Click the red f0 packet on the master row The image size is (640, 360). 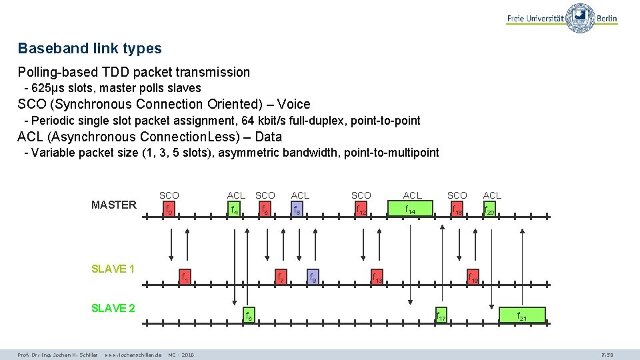169,211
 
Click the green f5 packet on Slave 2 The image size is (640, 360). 247,315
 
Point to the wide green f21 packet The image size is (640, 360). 522,315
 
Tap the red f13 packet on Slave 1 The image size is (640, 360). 377,277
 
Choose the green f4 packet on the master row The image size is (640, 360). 234,211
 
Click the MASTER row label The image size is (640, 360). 113,205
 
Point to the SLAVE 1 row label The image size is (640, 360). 113,269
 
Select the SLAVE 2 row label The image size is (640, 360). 113,308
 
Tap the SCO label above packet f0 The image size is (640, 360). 169,195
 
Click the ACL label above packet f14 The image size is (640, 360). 412,195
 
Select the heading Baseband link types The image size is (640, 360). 89,49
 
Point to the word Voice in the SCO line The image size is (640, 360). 294,104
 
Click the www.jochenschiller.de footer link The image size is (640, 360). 133,354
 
